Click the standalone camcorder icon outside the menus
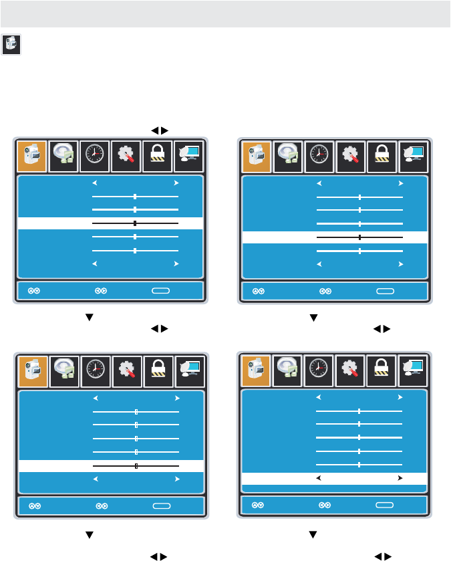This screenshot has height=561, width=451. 11,45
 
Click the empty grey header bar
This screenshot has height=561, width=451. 225,13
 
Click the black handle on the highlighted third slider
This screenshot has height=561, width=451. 135,223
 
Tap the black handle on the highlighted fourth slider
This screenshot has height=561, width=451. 359,237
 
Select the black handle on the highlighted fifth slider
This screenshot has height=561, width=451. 136,465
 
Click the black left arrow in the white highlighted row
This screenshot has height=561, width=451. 319,478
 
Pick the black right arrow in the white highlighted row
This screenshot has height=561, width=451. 400,478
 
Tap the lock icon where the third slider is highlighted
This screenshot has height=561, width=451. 158,154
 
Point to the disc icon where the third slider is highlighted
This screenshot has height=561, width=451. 63,154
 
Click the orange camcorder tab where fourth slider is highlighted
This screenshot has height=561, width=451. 256,154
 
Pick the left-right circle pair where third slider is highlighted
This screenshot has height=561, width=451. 102,292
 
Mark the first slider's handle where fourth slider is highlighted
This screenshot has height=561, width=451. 359,197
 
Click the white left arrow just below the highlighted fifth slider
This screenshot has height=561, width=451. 95,479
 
